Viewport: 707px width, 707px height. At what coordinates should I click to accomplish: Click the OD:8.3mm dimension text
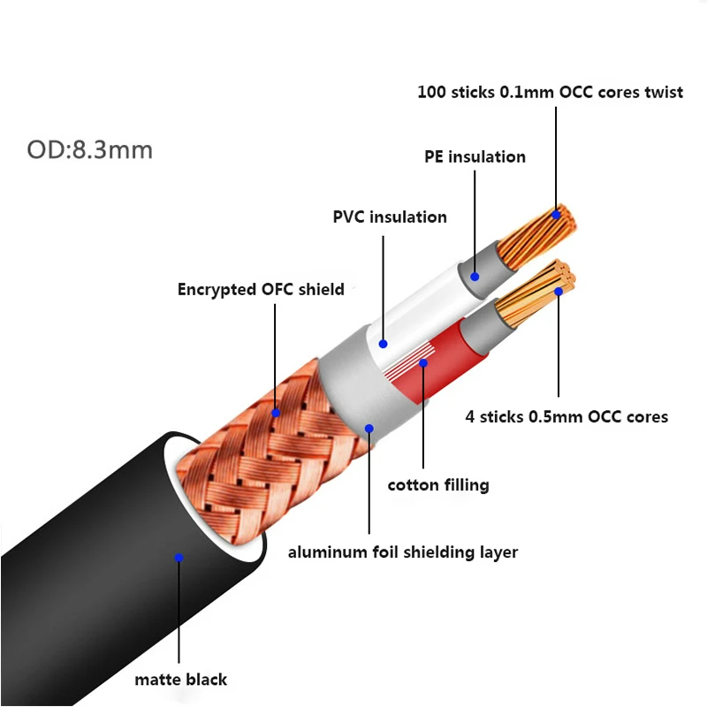tap(90, 150)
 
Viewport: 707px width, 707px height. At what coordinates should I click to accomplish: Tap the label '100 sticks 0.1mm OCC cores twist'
tap(550, 92)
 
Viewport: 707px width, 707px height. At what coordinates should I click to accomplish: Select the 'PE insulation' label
tap(475, 157)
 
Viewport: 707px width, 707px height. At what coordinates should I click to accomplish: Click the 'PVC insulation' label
tap(390, 217)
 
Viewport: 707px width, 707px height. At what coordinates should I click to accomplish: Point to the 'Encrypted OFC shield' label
tap(261, 290)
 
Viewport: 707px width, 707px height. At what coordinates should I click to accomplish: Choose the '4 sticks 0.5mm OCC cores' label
tap(566, 416)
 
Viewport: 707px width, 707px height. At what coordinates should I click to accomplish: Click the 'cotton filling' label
tap(438, 485)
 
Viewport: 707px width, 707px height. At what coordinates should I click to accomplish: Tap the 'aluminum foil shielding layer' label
tap(403, 552)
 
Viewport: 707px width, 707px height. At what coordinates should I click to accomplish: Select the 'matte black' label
tap(181, 680)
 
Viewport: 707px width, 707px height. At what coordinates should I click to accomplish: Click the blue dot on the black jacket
tap(179, 558)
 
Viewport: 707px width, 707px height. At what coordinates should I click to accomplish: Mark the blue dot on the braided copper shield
tap(276, 413)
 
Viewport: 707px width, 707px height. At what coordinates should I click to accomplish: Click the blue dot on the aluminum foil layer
tap(369, 429)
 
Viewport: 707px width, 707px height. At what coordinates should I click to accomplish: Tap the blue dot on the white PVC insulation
tap(384, 344)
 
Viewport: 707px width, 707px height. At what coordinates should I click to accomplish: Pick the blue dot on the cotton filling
tap(423, 363)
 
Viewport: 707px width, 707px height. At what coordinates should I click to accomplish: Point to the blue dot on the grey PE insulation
tap(475, 277)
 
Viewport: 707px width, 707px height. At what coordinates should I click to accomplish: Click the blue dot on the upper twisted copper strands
tap(556, 215)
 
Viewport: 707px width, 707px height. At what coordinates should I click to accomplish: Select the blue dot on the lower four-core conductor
tap(559, 292)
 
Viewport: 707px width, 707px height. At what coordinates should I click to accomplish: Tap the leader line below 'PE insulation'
tap(475, 222)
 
